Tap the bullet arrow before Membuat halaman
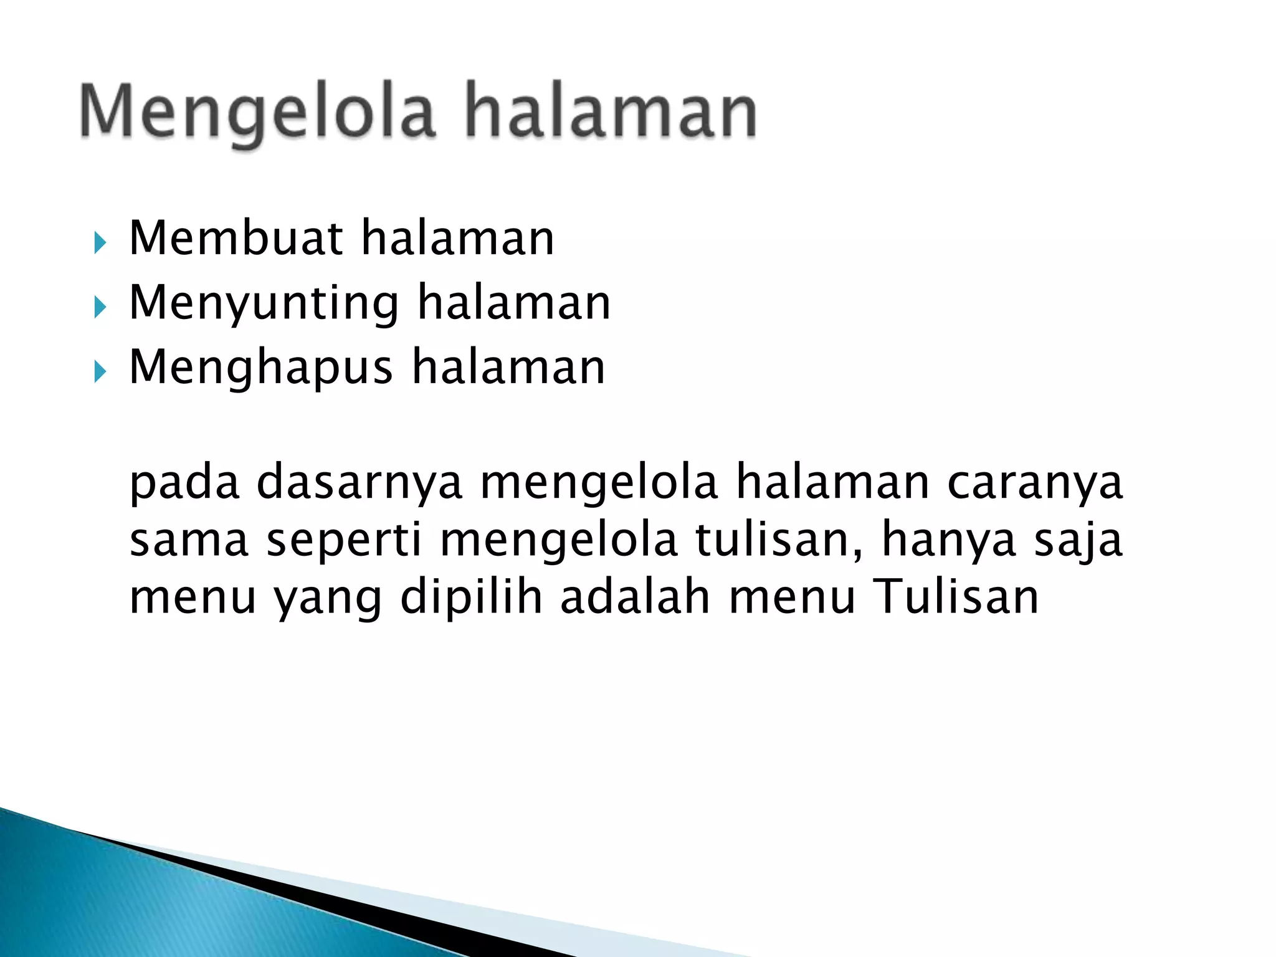click(x=100, y=242)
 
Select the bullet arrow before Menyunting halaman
click(x=100, y=307)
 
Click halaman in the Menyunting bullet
click(x=514, y=303)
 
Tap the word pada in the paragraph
click(x=184, y=483)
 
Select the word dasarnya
click(x=359, y=483)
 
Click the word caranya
click(x=1035, y=483)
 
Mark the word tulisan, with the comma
click(x=779, y=540)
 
